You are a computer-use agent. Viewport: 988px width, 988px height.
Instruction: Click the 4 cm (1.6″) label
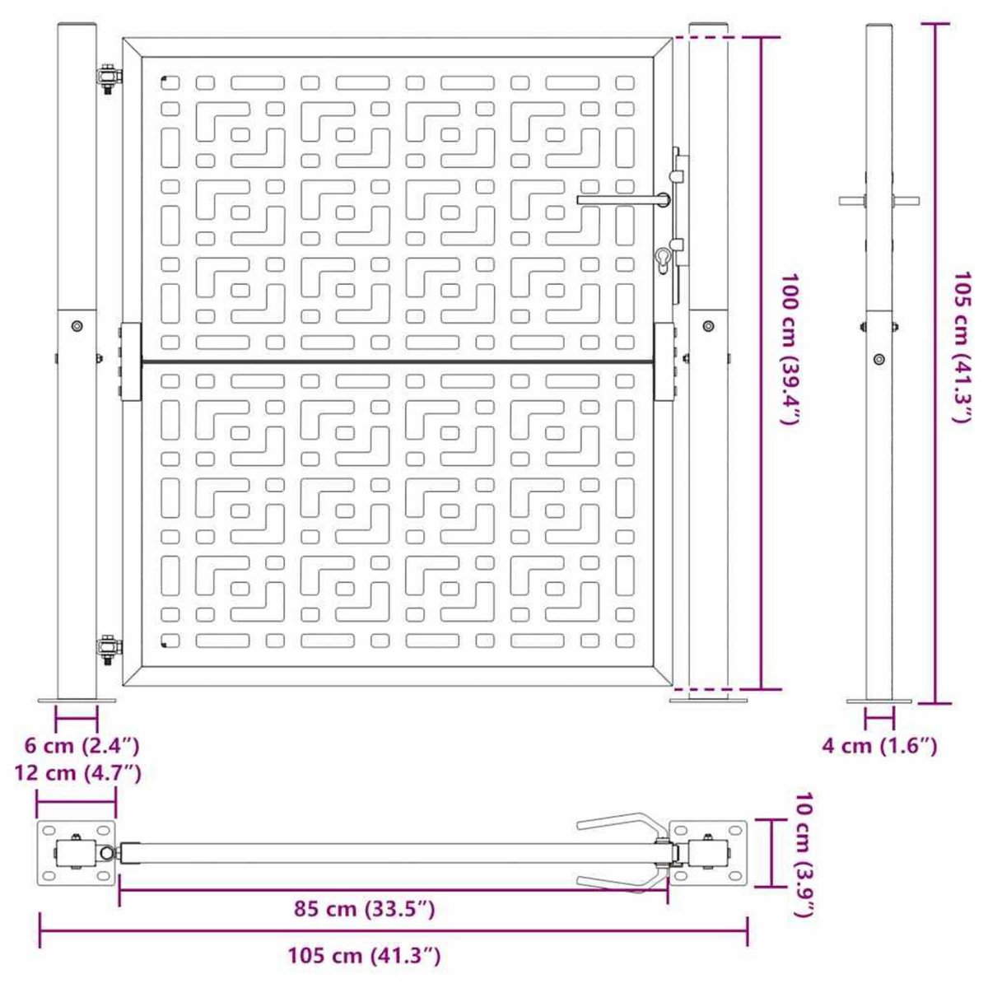click(879, 747)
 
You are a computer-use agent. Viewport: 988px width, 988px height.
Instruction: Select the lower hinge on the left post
click(107, 650)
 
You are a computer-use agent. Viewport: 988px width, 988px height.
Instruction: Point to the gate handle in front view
click(622, 199)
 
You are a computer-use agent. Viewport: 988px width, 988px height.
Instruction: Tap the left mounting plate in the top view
click(77, 854)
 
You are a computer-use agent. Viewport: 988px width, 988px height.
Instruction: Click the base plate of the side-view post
click(879, 701)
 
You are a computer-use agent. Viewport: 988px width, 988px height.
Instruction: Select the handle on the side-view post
click(879, 200)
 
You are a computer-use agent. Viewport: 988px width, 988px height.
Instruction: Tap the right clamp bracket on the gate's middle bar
click(664, 361)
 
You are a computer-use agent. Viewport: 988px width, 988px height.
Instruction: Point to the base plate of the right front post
click(708, 701)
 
